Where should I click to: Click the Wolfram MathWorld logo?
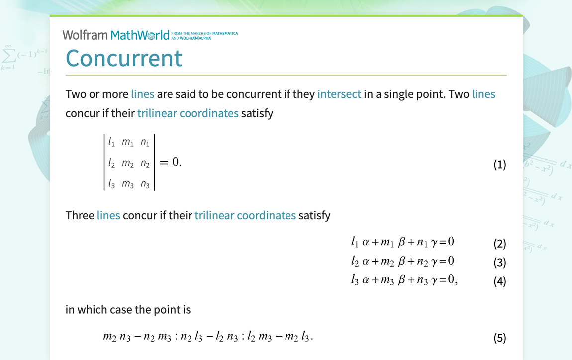pos(116,35)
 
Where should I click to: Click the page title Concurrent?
pos(124,58)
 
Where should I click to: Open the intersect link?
pos(339,94)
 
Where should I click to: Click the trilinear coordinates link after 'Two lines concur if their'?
pos(188,113)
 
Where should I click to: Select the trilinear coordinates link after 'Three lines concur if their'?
pos(245,215)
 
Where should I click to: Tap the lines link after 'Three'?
pos(108,215)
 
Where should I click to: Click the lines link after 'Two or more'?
pos(143,94)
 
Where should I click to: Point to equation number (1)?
pos(499,164)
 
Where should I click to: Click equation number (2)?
pos(499,243)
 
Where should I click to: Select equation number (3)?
pos(499,262)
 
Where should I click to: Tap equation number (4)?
pos(499,281)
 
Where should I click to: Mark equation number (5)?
pos(499,338)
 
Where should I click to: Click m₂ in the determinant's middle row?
pos(128,163)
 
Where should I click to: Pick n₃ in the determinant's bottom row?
pos(145,184)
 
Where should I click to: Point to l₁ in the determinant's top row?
pos(112,142)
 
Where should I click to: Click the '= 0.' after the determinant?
pos(170,162)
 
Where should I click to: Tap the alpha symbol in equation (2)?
pos(366,242)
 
